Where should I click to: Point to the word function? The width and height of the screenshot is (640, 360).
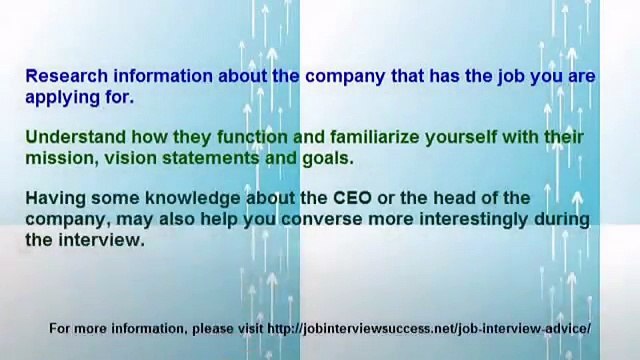247,137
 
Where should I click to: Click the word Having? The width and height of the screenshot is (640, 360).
55,198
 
